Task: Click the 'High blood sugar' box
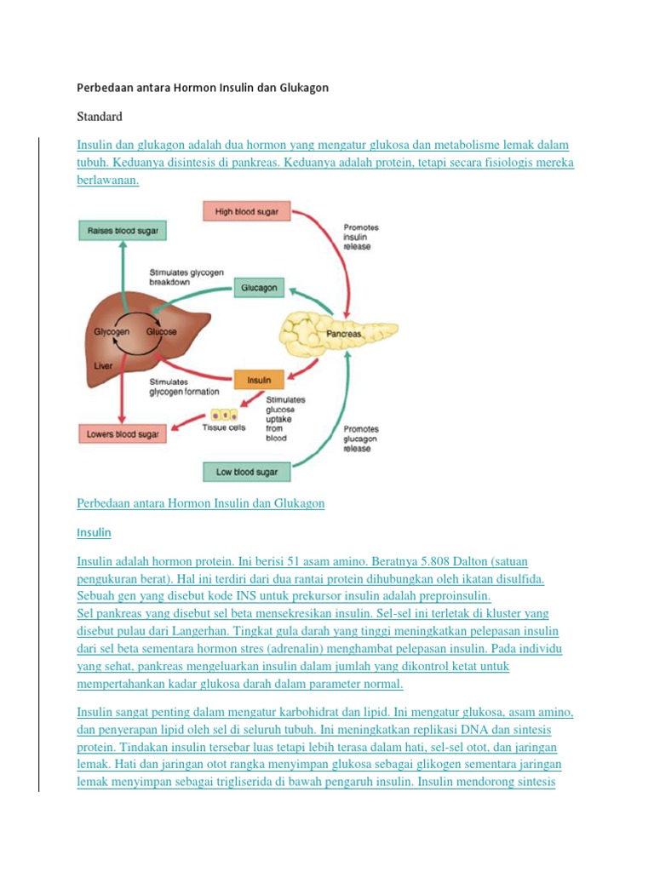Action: [x=246, y=211]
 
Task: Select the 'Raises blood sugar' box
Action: [x=123, y=230]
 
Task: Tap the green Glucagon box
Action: [x=259, y=288]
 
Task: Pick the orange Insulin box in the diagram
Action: [x=259, y=380]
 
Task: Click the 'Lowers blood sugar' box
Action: [x=123, y=433]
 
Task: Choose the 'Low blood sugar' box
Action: [x=246, y=472]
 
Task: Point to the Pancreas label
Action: [x=344, y=334]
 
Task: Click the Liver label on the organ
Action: [x=103, y=366]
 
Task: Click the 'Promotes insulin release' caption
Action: [x=361, y=237]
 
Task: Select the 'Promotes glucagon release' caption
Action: [x=361, y=439]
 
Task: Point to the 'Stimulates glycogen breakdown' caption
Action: [x=186, y=277]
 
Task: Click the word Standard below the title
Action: [x=100, y=116]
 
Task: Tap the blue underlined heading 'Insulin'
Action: [x=94, y=532]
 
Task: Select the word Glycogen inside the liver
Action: [x=112, y=331]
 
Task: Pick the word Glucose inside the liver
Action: [x=161, y=331]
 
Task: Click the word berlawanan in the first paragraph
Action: [x=108, y=181]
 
